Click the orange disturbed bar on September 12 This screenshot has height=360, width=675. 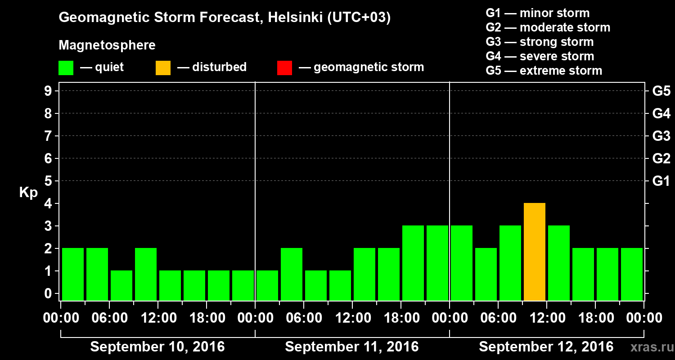point(535,252)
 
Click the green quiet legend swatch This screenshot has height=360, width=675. point(66,67)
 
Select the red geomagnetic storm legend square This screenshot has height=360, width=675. point(284,67)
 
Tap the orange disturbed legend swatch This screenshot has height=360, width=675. point(163,67)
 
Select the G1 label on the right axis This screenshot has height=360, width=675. point(661,181)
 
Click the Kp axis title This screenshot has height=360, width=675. point(28,193)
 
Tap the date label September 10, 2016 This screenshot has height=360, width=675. point(157,347)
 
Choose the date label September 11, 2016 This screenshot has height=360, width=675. point(352,347)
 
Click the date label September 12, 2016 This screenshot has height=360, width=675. point(546,347)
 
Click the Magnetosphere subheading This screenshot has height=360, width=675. point(107,45)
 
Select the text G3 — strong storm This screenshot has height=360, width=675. point(540,42)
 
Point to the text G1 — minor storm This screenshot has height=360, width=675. point(537,13)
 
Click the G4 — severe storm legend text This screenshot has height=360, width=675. point(540,56)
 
